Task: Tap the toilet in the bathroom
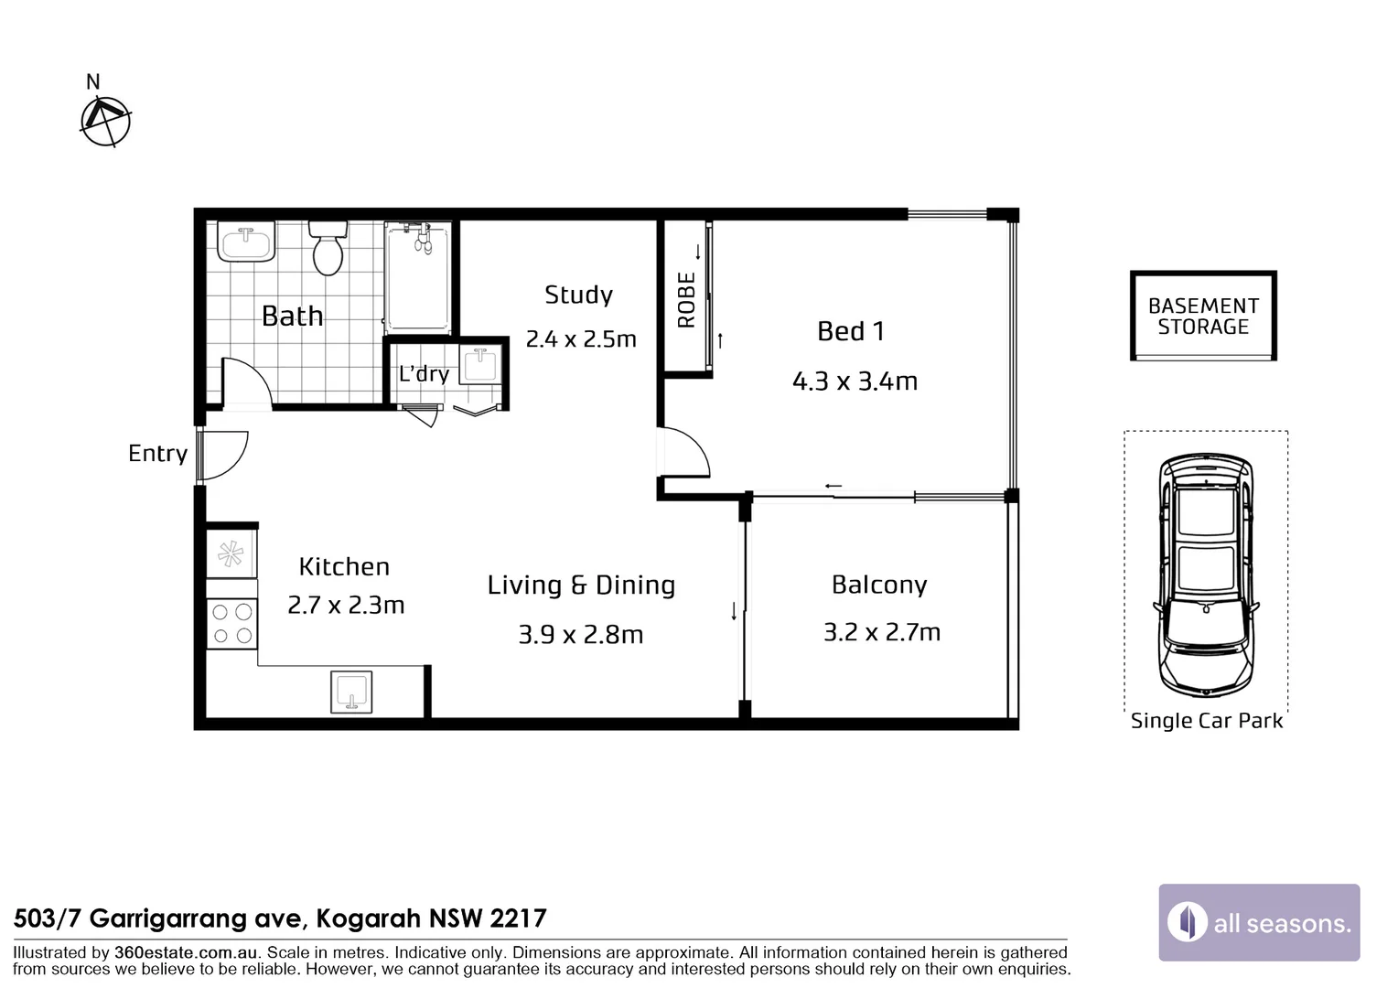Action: [327, 247]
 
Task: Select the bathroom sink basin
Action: [246, 242]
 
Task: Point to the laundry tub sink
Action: [480, 366]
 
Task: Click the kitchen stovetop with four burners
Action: [232, 624]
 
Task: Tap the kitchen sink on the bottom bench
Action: [351, 692]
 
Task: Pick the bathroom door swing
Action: [244, 381]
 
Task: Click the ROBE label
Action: [686, 299]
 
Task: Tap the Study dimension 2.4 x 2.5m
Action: [581, 339]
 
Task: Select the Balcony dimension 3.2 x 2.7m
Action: [881, 632]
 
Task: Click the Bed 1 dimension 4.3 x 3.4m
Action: [855, 381]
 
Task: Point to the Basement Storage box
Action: [1203, 317]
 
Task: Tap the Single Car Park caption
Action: [1206, 721]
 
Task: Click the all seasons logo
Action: [1259, 922]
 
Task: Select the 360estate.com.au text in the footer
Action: [186, 952]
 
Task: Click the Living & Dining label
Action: [581, 585]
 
